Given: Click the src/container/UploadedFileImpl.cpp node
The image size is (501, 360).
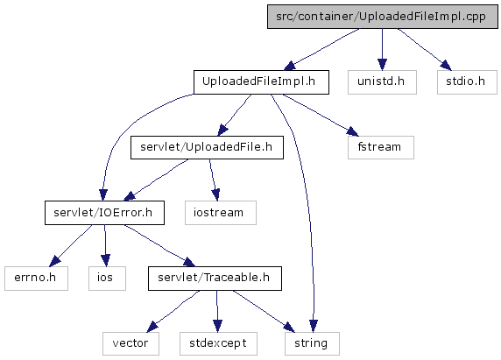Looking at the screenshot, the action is (383, 17).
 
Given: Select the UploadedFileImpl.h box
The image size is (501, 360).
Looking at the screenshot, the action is (261, 82).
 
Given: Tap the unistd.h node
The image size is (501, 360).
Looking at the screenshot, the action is (382, 82).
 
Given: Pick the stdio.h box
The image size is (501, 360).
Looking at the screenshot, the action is (467, 82).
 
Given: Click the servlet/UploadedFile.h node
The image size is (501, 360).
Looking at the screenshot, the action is (207, 147).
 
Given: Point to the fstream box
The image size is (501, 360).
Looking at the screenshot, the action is (381, 147).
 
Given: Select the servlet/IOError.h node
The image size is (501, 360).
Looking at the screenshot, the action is (104, 213).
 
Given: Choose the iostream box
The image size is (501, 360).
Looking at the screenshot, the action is (221, 213).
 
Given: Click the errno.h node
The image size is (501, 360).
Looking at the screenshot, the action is (36, 279).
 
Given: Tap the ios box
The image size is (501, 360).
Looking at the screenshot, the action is (107, 279).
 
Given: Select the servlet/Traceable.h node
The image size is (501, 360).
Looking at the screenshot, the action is (215, 279).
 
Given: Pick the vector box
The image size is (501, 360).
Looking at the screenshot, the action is (131, 343).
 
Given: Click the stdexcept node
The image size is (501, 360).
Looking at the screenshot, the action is (218, 343).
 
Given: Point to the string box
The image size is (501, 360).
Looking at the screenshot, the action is (312, 343).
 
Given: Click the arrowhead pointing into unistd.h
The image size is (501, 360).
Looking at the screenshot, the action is (382, 65).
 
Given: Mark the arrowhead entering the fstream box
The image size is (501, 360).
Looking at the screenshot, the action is (353, 131).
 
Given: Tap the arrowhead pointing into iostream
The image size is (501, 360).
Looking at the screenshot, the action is (216, 194).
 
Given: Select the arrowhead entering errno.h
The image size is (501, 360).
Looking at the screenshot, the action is (54, 261).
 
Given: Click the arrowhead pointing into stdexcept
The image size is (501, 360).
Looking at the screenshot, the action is (217, 327).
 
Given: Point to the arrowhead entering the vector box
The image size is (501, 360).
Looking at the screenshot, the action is (152, 327).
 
